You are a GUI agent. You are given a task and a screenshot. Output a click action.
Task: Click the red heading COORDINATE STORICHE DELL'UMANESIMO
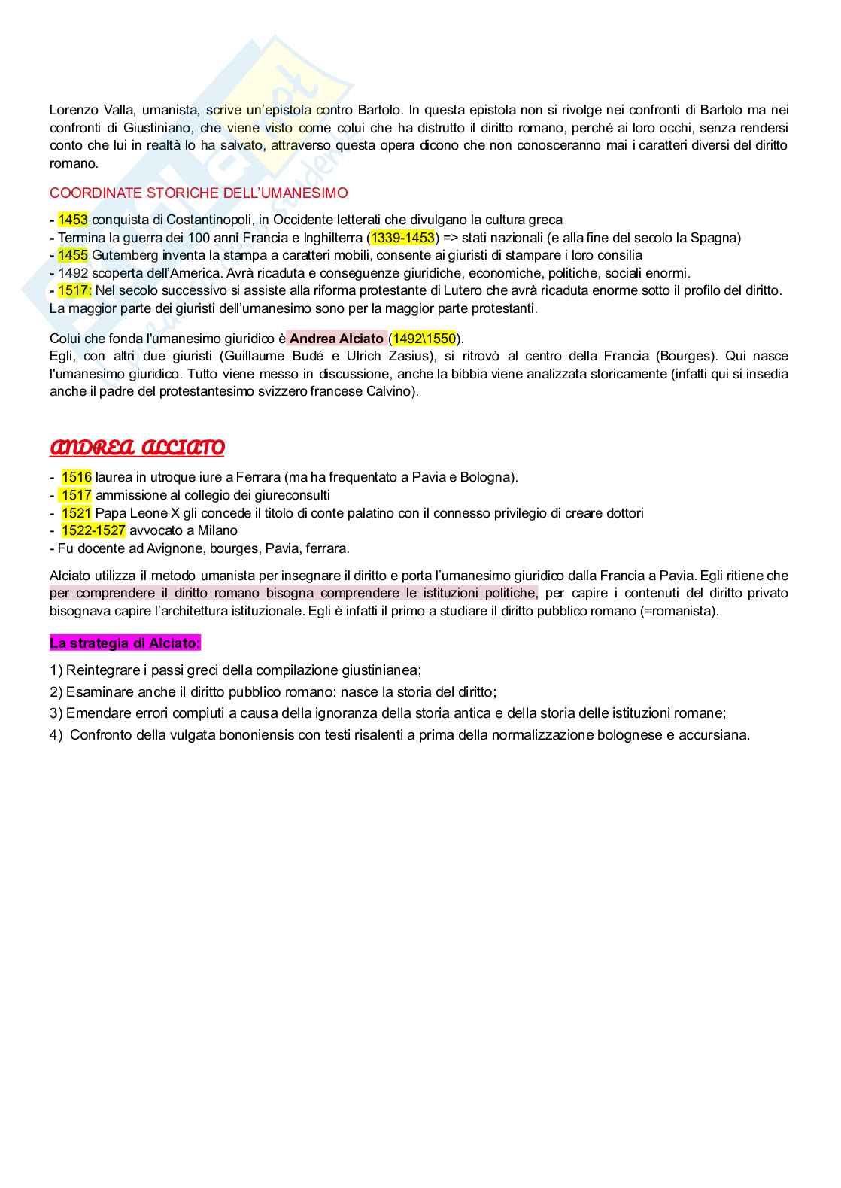click(x=199, y=193)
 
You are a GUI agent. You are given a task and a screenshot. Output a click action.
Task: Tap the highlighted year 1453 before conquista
click(x=73, y=220)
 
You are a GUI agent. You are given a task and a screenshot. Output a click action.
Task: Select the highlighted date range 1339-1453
click(x=402, y=238)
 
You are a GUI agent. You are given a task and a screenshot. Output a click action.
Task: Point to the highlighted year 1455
click(x=73, y=255)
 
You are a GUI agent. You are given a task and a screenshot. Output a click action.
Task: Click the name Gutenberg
click(x=126, y=255)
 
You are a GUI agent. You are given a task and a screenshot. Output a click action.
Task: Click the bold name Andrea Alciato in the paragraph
click(x=336, y=339)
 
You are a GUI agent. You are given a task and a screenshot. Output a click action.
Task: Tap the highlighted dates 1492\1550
click(x=424, y=339)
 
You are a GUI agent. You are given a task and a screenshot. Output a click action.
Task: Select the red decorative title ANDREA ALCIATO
click(x=137, y=448)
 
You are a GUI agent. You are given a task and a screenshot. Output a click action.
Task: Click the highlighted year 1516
click(x=77, y=477)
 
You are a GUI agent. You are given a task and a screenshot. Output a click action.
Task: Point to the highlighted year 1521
click(x=77, y=513)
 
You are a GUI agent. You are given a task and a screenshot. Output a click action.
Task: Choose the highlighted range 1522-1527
click(x=93, y=530)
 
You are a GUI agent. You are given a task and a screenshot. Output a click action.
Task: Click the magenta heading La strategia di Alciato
click(x=125, y=643)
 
